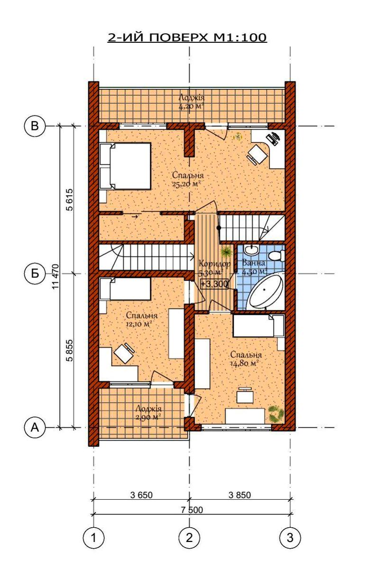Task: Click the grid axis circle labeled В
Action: click(x=35, y=126)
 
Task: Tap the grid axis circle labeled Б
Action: click(x=35, y=274)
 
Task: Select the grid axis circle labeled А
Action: click(x=35, y=428)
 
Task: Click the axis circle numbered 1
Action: click(x=94, y=537)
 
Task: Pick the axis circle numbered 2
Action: click(x=189, y=537)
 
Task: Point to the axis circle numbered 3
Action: click(x=290, y=537)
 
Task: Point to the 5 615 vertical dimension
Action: click(x=69, y=199)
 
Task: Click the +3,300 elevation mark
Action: click(x=214, y=284)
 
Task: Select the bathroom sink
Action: click(x=252, y=250)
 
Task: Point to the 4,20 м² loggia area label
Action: click(x=192, y=106)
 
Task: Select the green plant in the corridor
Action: click(x=226, y=252)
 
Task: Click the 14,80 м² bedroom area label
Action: click(x=243, y=364)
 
